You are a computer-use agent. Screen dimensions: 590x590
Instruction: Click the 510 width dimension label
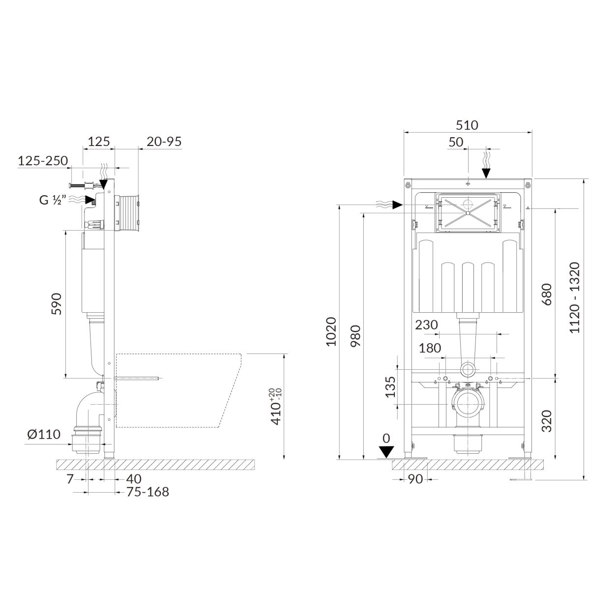(467, 125)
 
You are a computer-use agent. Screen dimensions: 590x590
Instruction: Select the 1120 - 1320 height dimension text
(574, 297)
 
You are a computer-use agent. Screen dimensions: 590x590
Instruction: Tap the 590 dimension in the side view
(57, 304)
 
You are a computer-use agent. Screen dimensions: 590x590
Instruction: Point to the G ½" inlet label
(53, 200)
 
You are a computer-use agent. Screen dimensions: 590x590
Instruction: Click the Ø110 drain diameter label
(44, 434)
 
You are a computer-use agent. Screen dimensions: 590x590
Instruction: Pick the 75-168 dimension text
(147, 492)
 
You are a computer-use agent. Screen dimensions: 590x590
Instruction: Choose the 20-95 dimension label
(164, 142)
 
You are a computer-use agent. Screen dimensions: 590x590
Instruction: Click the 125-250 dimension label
(43, 161)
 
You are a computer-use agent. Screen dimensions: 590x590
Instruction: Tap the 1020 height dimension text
(331, 332)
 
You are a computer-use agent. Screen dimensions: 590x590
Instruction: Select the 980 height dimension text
(356, 336)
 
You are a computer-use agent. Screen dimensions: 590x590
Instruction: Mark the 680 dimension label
(547, 295)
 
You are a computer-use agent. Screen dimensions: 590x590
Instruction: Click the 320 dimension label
(547, 421)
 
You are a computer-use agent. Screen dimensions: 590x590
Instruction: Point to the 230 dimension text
(426, 325)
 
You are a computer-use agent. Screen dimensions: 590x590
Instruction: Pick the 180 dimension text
(430, 348)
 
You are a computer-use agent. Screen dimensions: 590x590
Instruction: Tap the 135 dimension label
(390, 387)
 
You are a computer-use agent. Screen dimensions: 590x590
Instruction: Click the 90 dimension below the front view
(415, 479)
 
